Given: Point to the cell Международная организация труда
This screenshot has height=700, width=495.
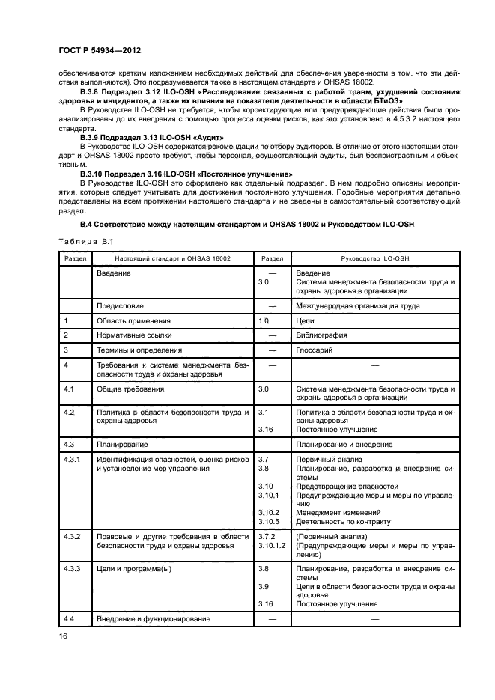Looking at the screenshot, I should point(358,305).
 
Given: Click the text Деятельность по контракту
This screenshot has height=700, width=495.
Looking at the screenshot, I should point(343,521).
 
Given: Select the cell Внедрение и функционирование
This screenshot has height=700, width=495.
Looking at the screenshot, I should point(153,619).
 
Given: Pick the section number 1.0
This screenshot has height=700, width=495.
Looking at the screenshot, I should point(263,320).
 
